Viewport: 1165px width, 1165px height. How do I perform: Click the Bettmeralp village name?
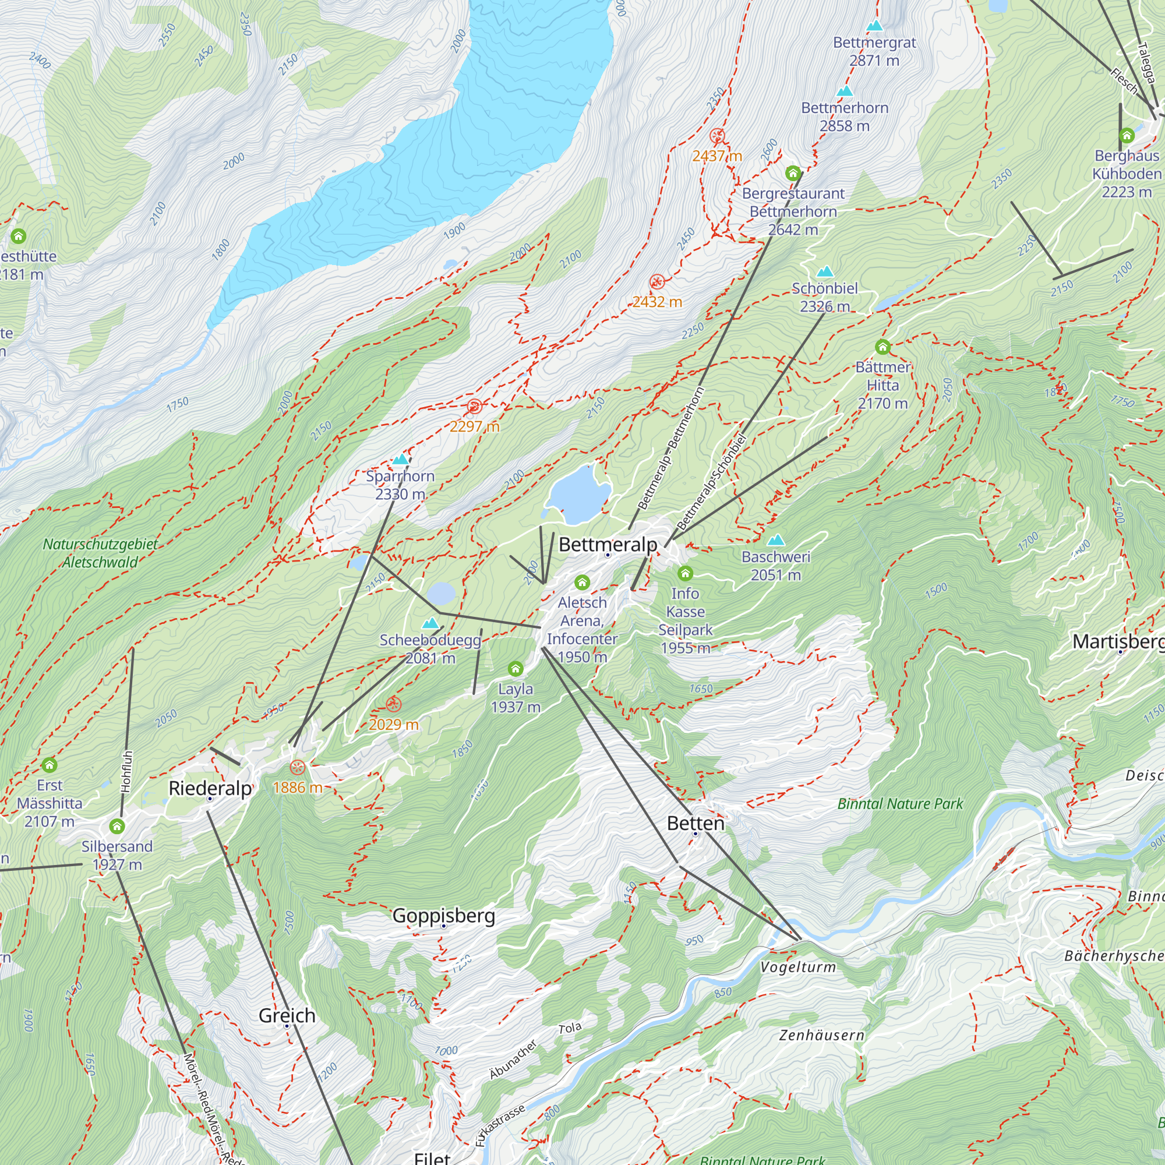[x=607, y=545]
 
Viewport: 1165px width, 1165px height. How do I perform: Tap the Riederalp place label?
[x=210, y=788]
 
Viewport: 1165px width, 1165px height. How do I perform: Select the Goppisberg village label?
[x=444, y=915]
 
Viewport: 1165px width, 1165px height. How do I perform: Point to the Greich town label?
[x=287, y=1015]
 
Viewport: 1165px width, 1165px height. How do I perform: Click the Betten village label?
[x=696, y=823]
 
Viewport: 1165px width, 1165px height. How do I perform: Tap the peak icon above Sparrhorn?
[x=400, y=460]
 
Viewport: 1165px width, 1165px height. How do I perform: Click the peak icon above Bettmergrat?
[x=874, y=26]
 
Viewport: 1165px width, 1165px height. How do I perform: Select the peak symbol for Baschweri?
[x=776, y=540]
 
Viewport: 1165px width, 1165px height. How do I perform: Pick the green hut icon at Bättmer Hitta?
[x=882, y=347]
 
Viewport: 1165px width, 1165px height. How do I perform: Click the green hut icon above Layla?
[x=515, y=668]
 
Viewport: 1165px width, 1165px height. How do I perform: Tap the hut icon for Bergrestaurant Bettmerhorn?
[x=792, y=174]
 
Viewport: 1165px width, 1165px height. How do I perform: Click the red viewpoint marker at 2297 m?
[x=474, y=407]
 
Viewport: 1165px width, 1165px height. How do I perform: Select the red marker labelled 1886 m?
[x=297, y=768]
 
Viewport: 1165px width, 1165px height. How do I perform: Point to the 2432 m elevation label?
[x=657, y=302]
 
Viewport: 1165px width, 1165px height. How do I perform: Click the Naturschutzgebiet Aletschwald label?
[x=100, y=553]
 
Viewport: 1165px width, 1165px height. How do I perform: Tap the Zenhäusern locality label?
[x=821, y=1035]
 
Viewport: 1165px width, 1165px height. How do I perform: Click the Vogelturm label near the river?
[x=798, y=967]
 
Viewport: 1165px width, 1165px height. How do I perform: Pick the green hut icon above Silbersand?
[x=117, y=826]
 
